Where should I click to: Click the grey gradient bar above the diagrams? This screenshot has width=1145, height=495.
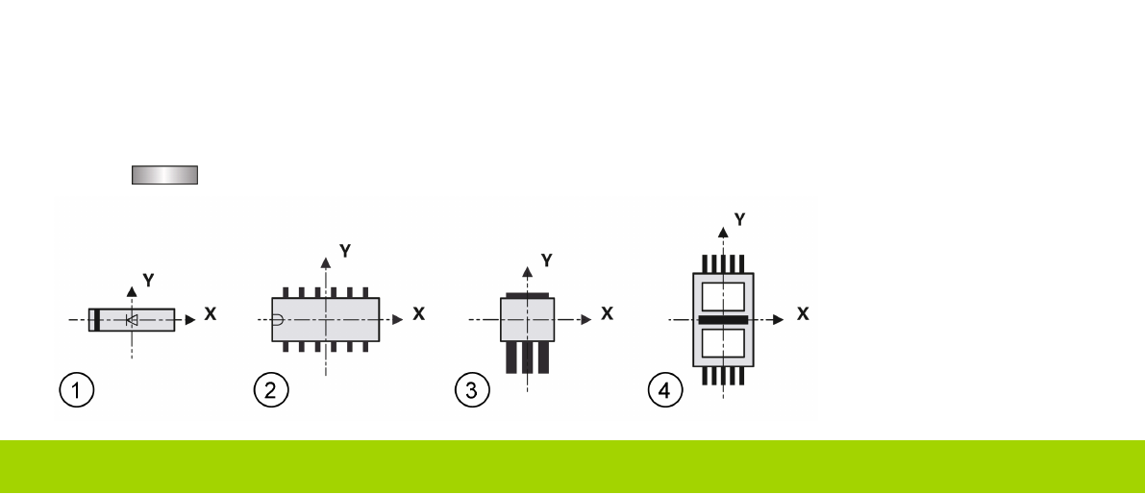(163, 174)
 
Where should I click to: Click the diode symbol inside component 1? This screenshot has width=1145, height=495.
(133, 319)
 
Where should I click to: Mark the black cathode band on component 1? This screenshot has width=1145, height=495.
(97, 319)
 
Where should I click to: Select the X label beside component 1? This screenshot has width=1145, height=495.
(211, 314)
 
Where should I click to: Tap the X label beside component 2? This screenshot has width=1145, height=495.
(418, 314)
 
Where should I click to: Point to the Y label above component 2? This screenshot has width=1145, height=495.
(344, 252)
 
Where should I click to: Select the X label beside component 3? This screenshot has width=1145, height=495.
(606, 314)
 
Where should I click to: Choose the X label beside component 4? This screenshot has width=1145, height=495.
(802, 314)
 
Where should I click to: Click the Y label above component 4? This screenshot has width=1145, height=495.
(738, 220)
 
